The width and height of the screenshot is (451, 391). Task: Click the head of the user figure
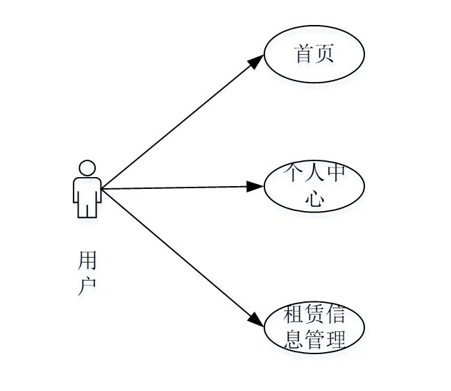(87, 168)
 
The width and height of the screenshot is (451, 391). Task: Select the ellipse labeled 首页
(314, 54)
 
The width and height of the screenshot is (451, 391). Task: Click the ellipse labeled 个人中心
(314, 186)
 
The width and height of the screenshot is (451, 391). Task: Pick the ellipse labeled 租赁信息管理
(314, 327)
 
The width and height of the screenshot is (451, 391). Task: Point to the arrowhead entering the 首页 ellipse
(257, 61)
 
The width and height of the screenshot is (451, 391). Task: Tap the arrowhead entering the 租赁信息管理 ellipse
(256, 320)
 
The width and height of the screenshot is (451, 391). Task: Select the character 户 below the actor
(87, 285)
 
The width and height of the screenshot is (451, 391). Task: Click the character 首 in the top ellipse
(304, 54)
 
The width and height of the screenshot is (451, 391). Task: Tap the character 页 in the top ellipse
(325, 54)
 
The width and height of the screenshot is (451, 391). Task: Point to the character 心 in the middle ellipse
(314, 199)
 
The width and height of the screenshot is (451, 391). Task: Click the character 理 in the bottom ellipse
(335, 340)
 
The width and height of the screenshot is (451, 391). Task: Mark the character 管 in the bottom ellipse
(314, 340)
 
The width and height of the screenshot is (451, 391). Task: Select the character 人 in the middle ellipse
(314, 173)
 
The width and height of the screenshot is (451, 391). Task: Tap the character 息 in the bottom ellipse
(293, 340)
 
